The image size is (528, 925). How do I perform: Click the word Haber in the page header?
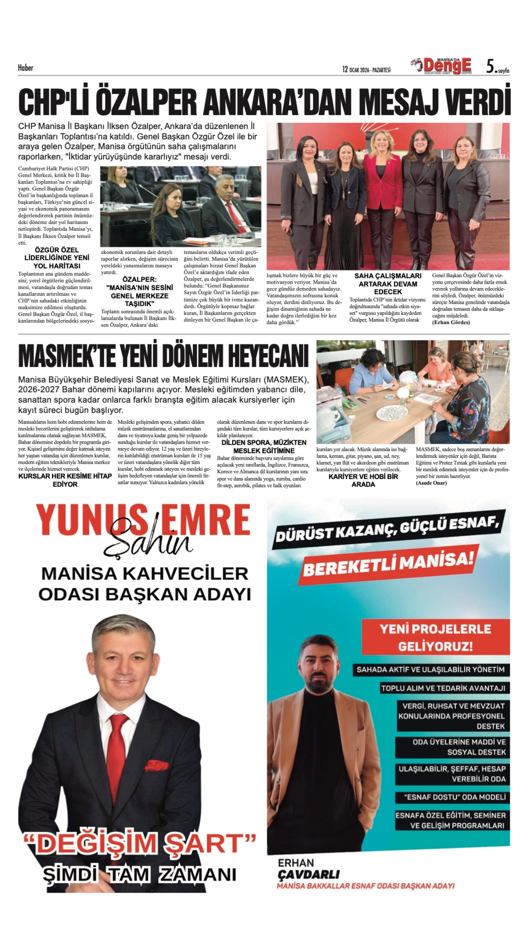[25, 68]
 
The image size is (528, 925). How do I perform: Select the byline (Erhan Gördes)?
[451, 322]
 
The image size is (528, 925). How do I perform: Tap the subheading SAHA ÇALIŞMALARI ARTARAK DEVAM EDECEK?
[388, 284]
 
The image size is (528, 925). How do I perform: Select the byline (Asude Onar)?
[431, 483]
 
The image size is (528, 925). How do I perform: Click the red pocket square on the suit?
[156, 766]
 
